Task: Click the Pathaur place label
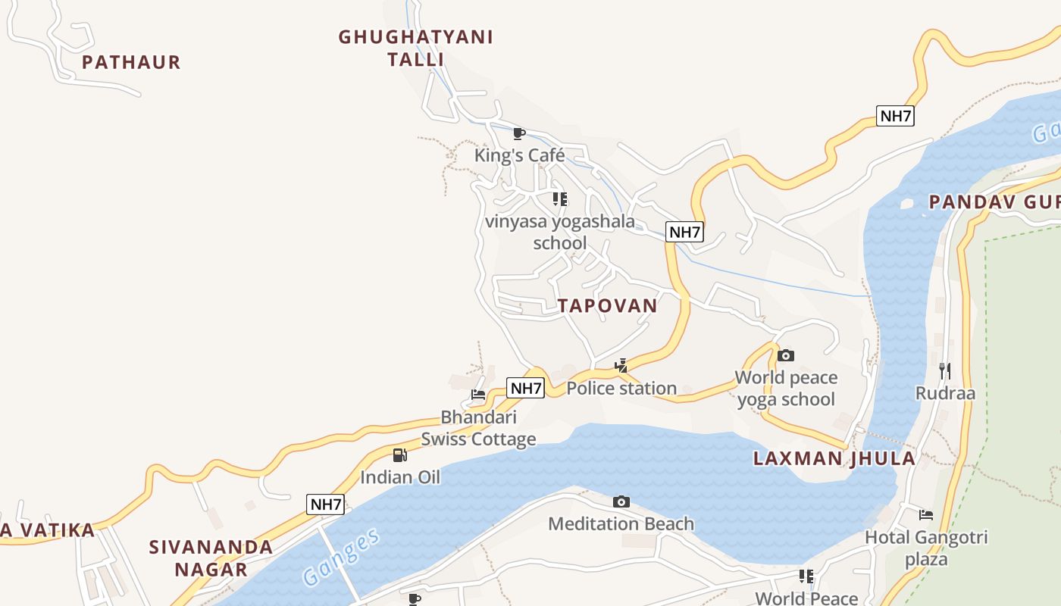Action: point(131,62)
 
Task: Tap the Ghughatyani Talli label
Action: point(415,48)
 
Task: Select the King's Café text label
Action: point(519,155)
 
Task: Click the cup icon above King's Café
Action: point(519,134)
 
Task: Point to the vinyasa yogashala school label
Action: point(560,233)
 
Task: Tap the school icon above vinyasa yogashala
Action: point(560,199)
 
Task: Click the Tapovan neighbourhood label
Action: point(607,305)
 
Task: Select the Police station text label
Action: point(621,389)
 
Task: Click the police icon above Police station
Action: point(621,367)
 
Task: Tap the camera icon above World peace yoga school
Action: point(786,355)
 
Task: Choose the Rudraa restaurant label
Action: point(945,393)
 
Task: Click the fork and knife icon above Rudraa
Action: point(945,370)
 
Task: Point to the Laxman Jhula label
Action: point(834,458)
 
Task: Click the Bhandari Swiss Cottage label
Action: point(478,428)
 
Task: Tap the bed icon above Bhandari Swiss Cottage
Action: point(478,395)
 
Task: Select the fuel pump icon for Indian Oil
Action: point(400,455)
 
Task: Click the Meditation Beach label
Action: point(621,523)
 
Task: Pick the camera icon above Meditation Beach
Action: point(621,501)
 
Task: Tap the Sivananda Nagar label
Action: point(211,558)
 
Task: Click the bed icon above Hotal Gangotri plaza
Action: point(926,515)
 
